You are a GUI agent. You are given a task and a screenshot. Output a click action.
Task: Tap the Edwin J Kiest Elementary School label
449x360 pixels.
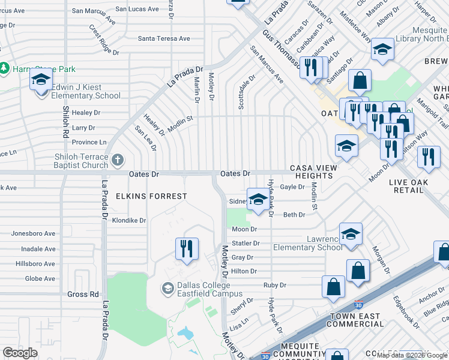click(x=85, y=91)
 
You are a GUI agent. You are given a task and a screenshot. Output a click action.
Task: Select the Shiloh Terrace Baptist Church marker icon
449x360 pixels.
click(x=118, y=160)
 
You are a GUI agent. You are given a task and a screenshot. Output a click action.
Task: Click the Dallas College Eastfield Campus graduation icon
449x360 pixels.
click(x=168, y=289)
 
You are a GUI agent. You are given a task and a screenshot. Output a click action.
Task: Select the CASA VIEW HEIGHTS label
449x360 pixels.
click(x=311, y=172)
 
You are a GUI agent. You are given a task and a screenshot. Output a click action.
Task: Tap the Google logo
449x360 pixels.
click(x=20, y=353)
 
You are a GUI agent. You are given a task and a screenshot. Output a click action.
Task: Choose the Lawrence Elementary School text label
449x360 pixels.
click(x=308, y=243)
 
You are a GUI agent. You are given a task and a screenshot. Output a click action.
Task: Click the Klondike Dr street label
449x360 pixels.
click(x=129, y=221)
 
